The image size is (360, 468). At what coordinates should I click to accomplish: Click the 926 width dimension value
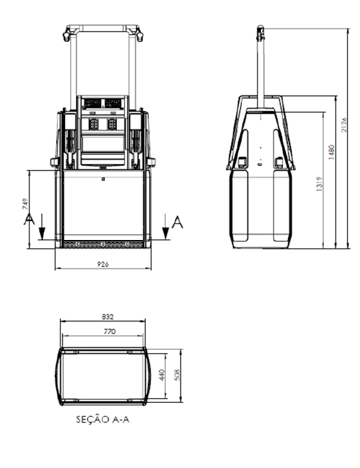point(103,264)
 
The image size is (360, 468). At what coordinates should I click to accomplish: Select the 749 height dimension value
point(25,204)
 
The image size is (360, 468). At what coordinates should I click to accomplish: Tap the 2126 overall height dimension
point(344,125)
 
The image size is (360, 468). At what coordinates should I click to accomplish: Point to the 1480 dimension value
point(332,152)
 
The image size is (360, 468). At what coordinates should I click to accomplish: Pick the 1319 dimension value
point(319,184)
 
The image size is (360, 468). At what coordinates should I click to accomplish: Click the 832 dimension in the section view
point(107,316)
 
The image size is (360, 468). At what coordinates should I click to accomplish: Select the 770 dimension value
point(109,332)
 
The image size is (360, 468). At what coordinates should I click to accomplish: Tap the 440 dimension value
point(162,375)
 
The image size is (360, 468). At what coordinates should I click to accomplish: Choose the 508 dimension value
point(177,375)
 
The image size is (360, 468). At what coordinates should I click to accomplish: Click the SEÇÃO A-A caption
point(103,419)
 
